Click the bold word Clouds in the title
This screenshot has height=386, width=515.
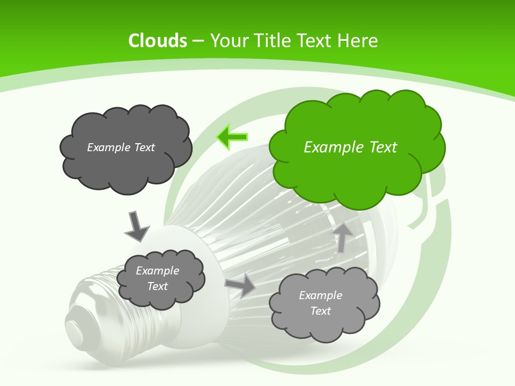[x=158, y=41]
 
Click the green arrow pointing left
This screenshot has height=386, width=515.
[x=232, y=137]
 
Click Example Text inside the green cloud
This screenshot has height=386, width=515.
[x=350, y=147]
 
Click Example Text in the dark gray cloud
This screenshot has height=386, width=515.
[x=121, y=147]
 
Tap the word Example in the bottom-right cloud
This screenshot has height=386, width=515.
[x=320, y=295]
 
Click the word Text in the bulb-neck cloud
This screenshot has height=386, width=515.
[x=158, y=286]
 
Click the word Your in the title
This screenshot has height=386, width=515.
[x=227, y=41]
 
